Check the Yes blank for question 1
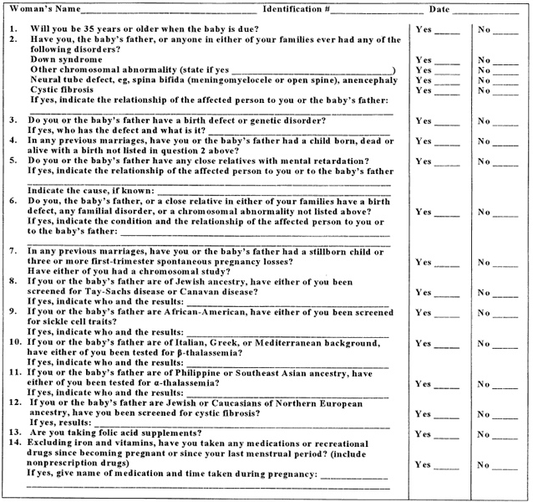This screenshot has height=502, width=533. coord(447,29)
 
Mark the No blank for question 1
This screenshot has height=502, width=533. coord(505,29)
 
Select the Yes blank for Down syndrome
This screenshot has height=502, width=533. coord(447,60)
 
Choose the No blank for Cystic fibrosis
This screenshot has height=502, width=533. coord(505,90)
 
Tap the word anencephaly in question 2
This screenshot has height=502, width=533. coord(360,80)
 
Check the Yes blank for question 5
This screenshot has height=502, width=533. coord(447,161)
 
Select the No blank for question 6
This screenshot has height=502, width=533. coord(505,212)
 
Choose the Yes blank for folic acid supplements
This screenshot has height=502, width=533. coord(447,433)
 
